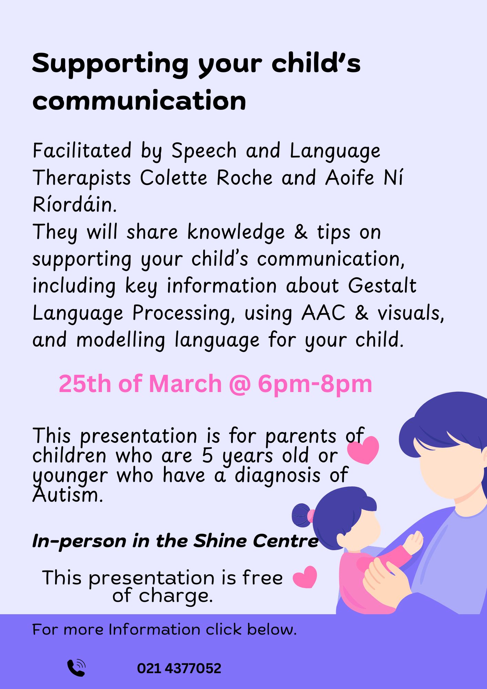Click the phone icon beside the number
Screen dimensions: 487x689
tap(76, 668)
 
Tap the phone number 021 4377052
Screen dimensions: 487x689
tap(179, 668)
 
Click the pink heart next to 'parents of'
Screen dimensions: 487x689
tap(363, 450)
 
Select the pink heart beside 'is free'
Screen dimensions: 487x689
tap(305, 577)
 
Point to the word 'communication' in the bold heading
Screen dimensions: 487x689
tap(139, 101)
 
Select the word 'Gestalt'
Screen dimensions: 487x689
tap(382, 286)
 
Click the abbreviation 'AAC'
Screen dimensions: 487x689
tap(323, 313)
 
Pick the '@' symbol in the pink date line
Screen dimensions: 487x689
tap(240, 384)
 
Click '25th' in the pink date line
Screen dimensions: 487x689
tap(85, 383)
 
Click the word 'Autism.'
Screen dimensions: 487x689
tap(68, 495)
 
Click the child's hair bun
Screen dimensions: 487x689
tap(302, 515)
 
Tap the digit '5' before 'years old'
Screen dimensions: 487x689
tap(207, 455)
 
